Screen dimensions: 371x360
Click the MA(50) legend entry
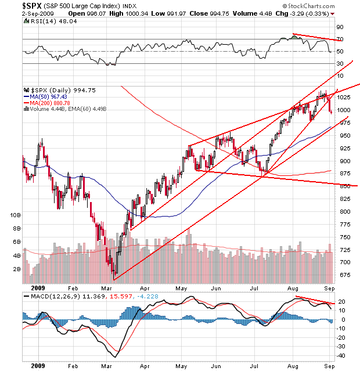pyautogui.click(x=48, y=97)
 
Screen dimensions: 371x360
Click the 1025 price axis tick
pyautogui.click(x=344, y=97)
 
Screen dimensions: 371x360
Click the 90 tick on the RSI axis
pyautogui.click(x=340, y=27)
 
